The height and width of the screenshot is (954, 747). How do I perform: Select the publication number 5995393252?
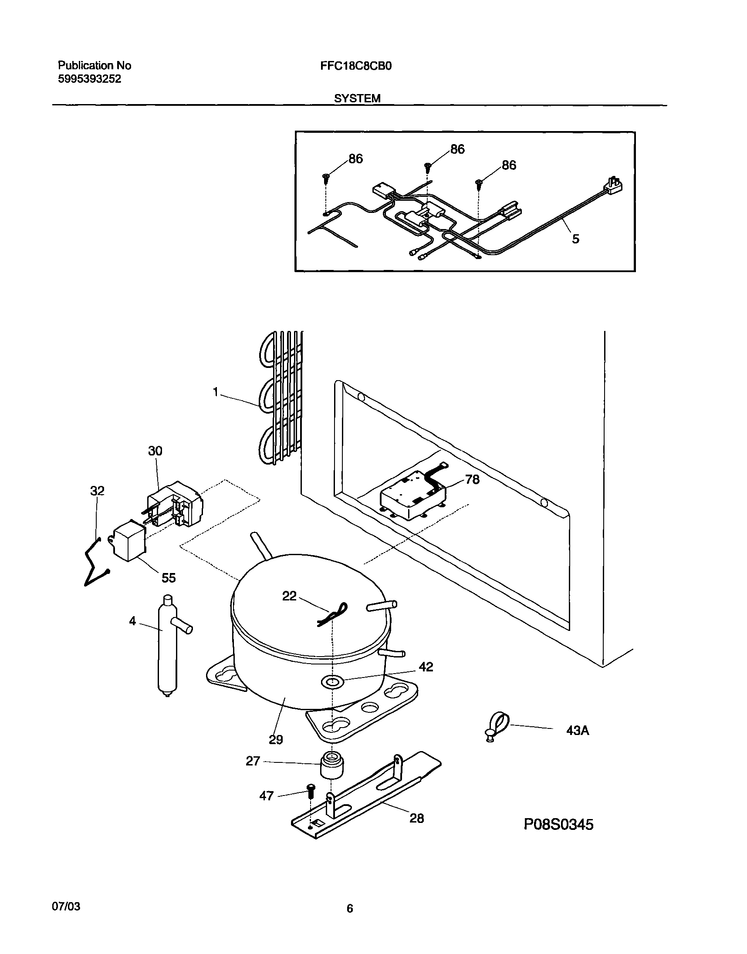[89, 79]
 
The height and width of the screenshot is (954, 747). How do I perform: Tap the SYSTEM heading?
[357, 99]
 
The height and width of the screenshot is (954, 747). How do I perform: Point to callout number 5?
[575, 239]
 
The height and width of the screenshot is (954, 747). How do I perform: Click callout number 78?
[472, 480]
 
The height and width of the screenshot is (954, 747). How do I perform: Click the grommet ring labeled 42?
[331, 681]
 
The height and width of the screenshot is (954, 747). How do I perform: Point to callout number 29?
[276, 739]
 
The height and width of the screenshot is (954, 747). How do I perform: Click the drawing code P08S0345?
[558, 824]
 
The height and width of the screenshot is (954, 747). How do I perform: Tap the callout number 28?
[416, 818]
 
